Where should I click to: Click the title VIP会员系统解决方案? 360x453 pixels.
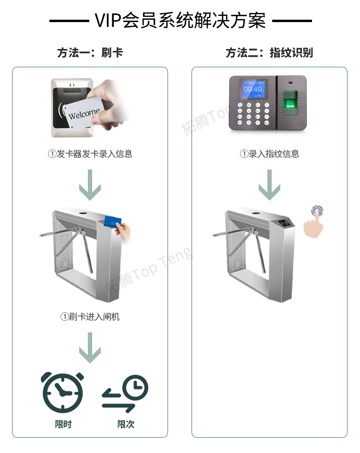[180, 21]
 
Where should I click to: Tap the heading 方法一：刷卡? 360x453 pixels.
[90, 52]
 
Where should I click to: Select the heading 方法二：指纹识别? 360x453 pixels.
[269, 52]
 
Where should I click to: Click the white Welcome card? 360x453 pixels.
[84, 113]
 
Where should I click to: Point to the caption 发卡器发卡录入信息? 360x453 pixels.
[90, 154]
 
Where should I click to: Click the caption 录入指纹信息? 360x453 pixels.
[269, 154]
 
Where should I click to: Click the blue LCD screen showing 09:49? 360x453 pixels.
[253, 89]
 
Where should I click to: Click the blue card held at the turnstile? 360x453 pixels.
[112, 221]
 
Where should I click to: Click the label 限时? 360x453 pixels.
[63, 424]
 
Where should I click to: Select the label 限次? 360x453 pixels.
[126, 424]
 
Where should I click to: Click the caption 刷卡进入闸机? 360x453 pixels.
[90, 317]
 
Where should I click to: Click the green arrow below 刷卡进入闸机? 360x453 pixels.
[90, 348]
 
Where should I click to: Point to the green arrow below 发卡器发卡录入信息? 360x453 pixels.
[90, 185]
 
